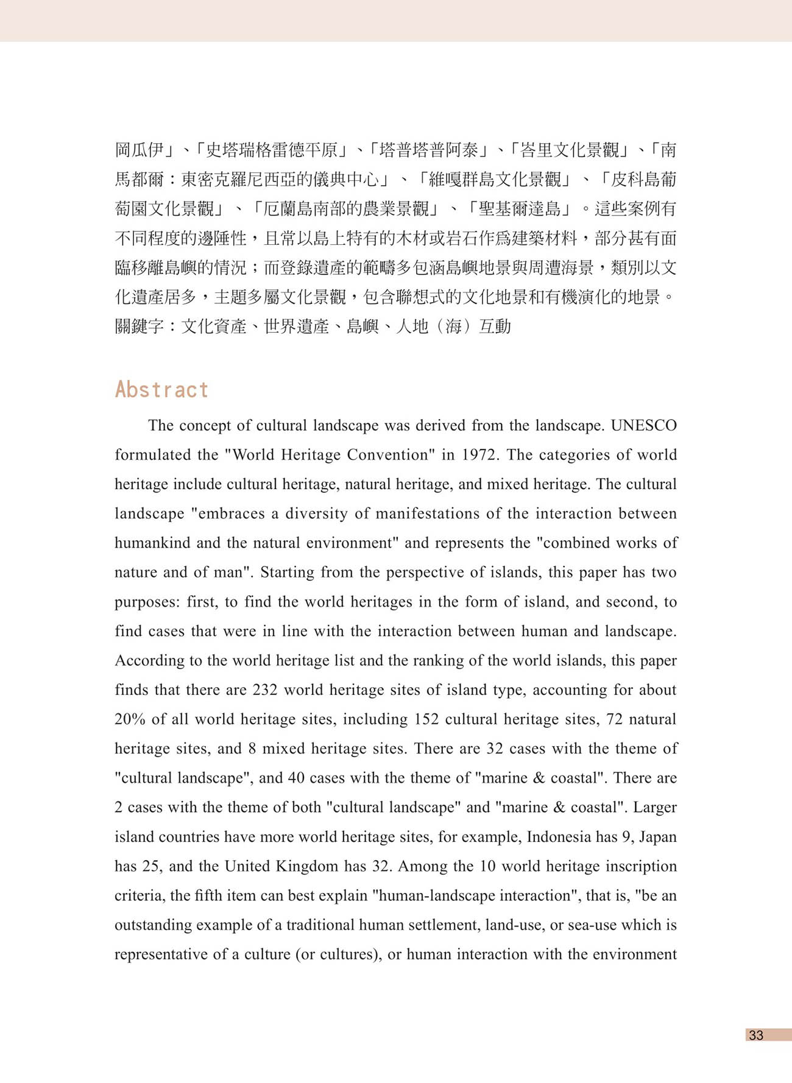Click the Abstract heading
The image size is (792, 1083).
(x=161, y=390)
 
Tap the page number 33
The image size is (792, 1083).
(x=756, y=1035)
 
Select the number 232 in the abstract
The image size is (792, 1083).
(x=265, y=690)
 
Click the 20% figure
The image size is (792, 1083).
(x=130, y=719)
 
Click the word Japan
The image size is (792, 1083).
(x=657, y=837)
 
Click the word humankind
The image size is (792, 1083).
(x=152, y=543)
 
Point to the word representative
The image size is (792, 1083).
(x=160, y=954)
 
